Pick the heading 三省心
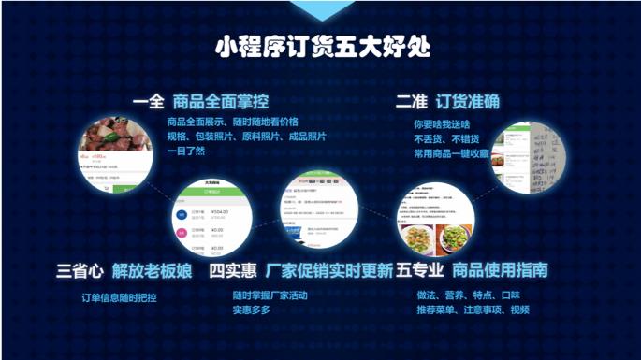click(x=80, y=271)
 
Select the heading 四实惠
click(x=232, y=271)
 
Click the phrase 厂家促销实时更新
click(x=329, y=271)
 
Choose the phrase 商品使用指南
click(x=500, y=271)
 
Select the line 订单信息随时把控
click(x=119, y=297)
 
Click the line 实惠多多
click(x=252, y=310)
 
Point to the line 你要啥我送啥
click(x=442, y=122)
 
